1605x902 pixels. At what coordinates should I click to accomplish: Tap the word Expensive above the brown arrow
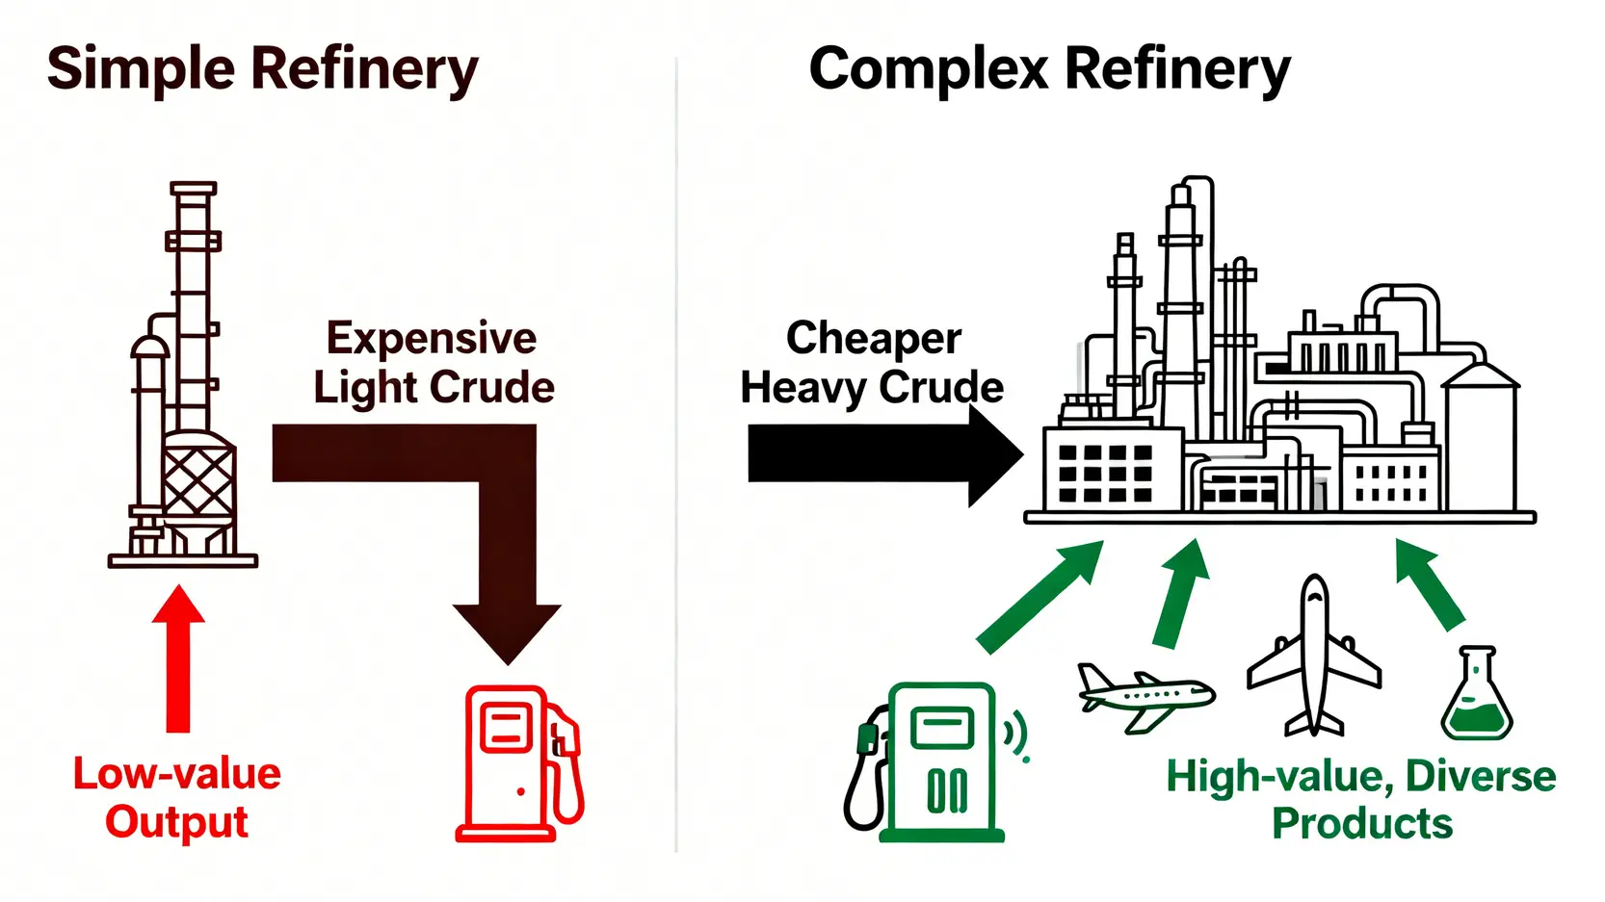point(431,339)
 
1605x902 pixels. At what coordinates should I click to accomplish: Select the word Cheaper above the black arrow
point(873,339)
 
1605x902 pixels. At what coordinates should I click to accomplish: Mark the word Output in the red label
point(176,822)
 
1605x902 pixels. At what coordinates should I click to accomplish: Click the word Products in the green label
point(1361,824)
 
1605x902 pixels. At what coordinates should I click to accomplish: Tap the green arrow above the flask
point(1431,582)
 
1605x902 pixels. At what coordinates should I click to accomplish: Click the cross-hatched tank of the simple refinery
point(197,481)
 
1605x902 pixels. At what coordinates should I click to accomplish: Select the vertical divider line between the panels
point(676,452)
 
